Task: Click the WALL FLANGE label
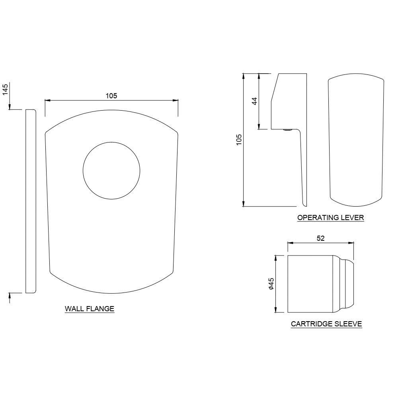click(90, 308)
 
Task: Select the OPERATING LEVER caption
click(330, 218)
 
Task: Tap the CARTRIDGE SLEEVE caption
click(326, 324)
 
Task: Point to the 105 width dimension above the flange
click(111, 96)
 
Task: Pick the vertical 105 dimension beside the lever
click(239, 140)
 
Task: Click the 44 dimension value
click(255, 101)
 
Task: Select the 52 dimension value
click(321, 238)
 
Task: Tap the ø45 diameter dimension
click(271, 284)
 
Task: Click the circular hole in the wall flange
click(111, 170)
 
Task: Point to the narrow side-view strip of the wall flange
click(31, 201)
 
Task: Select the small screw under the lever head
click(287, 129)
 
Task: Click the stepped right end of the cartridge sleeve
click(347, 284)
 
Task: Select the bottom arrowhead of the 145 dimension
click(10, 295)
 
